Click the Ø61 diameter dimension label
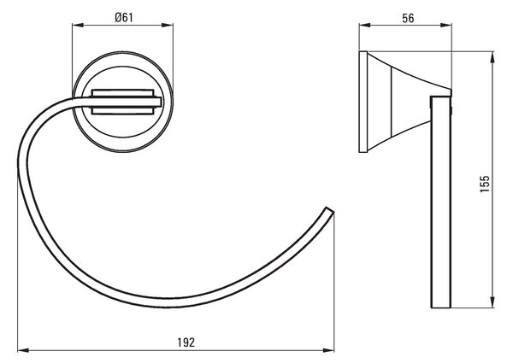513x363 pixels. (124, 17)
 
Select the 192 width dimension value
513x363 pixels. (186, 343)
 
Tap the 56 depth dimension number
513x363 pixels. (408, 18)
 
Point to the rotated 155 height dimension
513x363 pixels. (485, 184)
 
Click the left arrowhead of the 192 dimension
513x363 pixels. (22, 350)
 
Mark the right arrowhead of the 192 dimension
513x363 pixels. (328, 350)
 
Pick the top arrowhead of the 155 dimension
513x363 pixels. (492, 57)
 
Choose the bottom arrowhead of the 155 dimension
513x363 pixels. (492, 302)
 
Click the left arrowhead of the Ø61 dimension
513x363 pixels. (78, 25)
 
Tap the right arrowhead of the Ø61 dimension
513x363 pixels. (168, 25)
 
